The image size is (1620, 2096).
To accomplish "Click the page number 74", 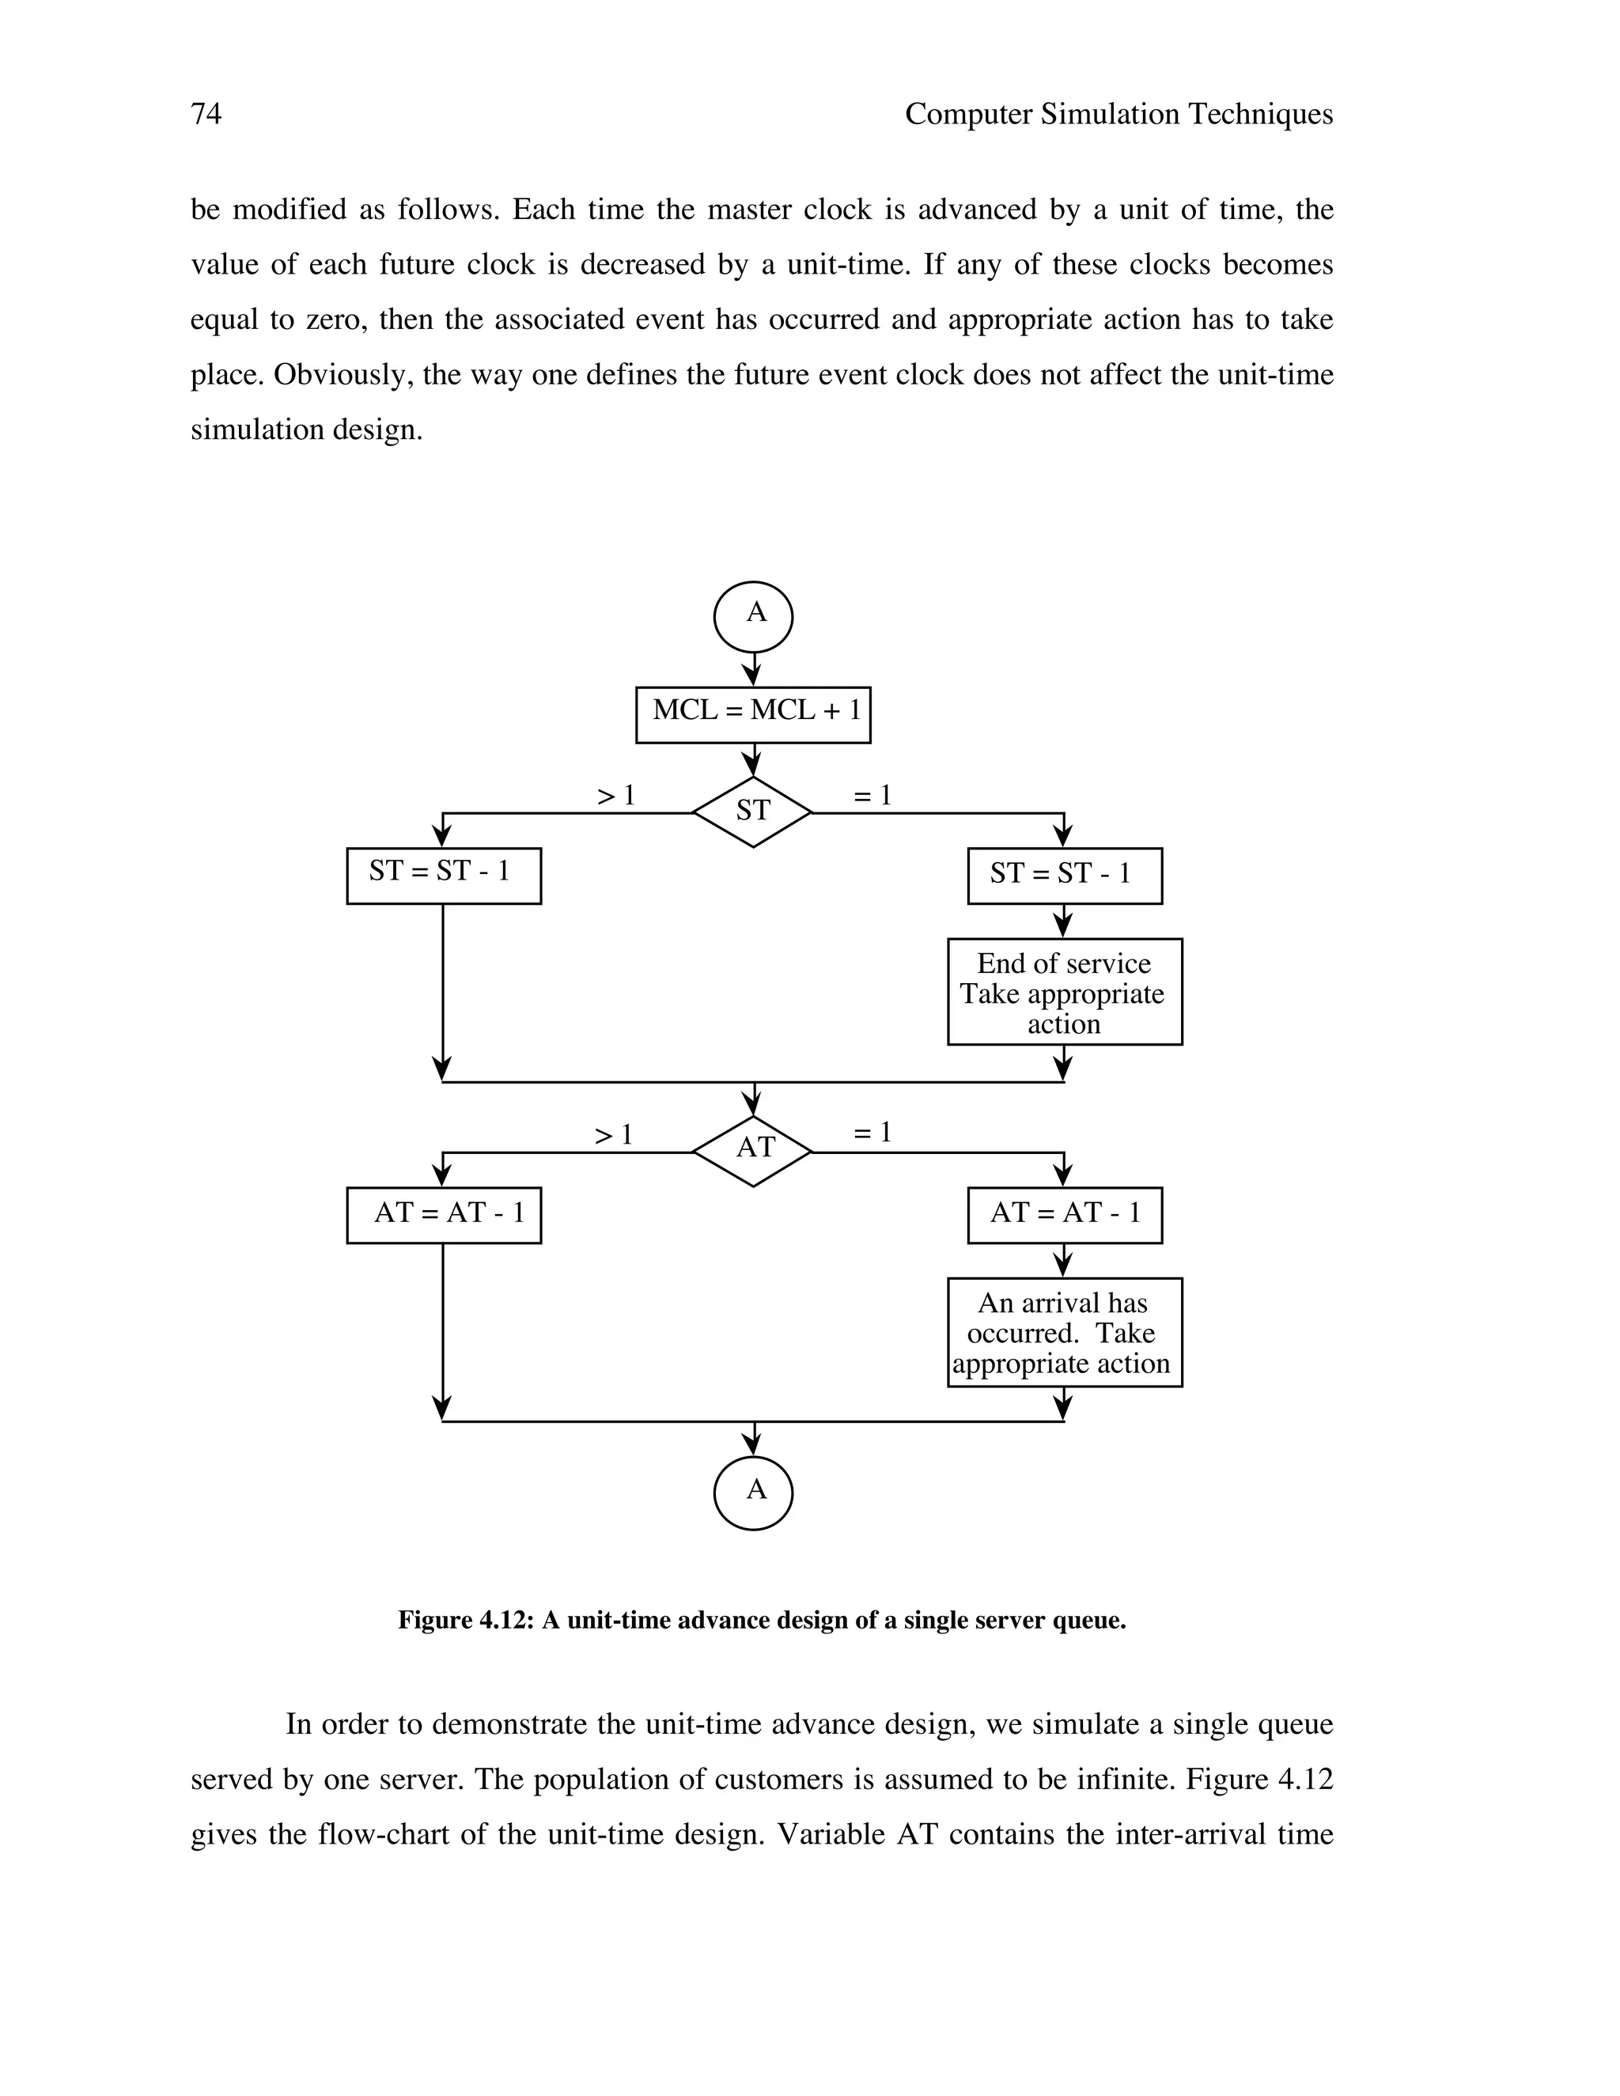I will coord(206,114).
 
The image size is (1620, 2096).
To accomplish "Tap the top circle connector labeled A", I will coord(753,617).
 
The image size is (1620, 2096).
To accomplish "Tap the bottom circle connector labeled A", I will coord(753,1493).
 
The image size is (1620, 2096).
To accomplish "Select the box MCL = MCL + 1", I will coord(753,715).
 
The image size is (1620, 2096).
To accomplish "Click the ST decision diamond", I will coord(752,813).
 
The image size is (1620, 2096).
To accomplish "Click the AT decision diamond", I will coord(752,1151).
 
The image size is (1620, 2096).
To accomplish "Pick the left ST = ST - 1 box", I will coord(444,876).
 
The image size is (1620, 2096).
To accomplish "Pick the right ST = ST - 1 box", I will coord(1065,876).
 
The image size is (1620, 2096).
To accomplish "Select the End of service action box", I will coord(1065,993).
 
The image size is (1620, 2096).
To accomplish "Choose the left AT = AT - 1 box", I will coord(444,1215).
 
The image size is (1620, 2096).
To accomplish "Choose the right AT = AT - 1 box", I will coord(1065,1215).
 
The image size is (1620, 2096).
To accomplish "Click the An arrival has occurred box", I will coord(1065,1332).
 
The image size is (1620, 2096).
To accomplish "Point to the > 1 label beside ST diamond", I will coord(616,796).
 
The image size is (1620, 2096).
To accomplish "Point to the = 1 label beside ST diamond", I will coord(872,796).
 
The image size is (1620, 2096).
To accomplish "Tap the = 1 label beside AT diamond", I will coord(872,1133).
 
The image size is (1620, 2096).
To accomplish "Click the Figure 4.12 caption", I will coord(762,1621).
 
